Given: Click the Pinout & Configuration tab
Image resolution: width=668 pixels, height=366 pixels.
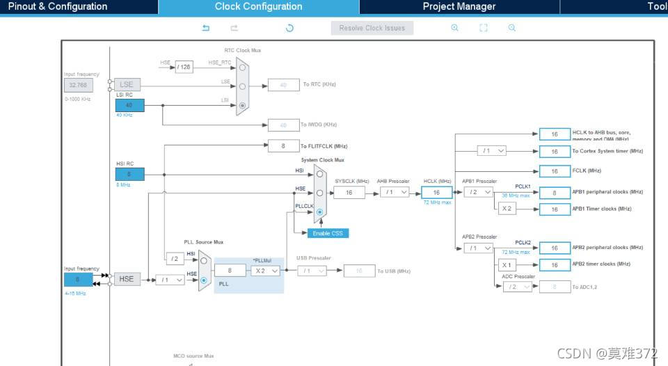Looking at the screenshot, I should click(x=58, y=7).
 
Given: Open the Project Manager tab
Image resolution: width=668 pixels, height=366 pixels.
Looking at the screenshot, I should click(x=459, y=7).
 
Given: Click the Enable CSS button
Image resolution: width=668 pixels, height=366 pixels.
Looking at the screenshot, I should click(x=328, y=233).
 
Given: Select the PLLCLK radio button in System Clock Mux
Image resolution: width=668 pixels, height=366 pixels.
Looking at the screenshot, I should click(x=319, y=212).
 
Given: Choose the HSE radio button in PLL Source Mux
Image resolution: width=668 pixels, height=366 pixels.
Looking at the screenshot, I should click(x=204, y=280).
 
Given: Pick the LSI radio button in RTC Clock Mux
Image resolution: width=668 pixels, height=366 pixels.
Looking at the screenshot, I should click(x=242, y=106).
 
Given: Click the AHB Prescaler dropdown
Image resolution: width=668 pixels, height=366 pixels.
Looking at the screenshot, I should click(x=395, y=192).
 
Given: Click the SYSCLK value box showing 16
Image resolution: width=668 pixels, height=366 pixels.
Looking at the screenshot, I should click(x=349, y=193).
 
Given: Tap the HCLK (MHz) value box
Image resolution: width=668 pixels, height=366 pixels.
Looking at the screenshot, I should click(x=436, y=193).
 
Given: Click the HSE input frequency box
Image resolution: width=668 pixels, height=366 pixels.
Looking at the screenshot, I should click(x=77, y=279).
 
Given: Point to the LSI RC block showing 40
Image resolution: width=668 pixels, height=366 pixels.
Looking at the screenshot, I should click(x=129, y=105).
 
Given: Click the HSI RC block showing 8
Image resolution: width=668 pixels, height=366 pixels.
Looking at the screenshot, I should click(x=129, y=174).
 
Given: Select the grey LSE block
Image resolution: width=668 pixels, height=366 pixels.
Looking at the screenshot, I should click(x=127, y=85).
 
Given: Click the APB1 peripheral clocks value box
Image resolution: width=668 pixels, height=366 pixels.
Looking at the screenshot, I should click(x=555, y=193).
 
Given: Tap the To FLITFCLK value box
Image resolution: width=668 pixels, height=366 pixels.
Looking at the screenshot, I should click(x=283, y=146).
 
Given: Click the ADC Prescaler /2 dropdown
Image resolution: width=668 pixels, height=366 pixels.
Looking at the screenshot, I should click(x=517, y=287).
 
